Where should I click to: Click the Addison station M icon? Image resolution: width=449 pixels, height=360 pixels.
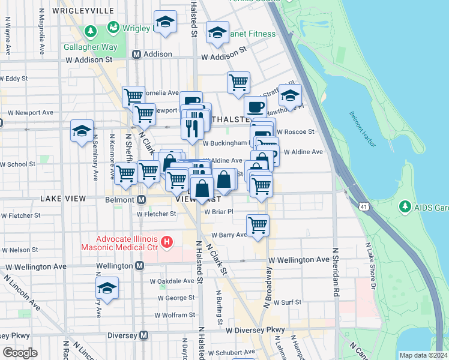tap(136, 54)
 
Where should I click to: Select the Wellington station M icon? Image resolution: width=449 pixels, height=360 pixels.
tap(139, 265)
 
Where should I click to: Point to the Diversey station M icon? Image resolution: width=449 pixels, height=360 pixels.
tap(143, 335)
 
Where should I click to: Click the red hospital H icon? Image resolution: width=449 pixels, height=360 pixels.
tap(167, 242)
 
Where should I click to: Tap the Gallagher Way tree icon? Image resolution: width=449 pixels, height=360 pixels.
tap(90, 31)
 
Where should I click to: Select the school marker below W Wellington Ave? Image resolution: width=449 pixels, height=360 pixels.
tap(107, 289)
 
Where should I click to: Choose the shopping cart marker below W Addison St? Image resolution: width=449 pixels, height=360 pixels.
tap(238, 82)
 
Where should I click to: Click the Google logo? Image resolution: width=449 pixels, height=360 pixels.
tap(20, 353)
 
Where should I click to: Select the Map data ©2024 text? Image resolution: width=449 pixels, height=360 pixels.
tap(423, 355)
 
